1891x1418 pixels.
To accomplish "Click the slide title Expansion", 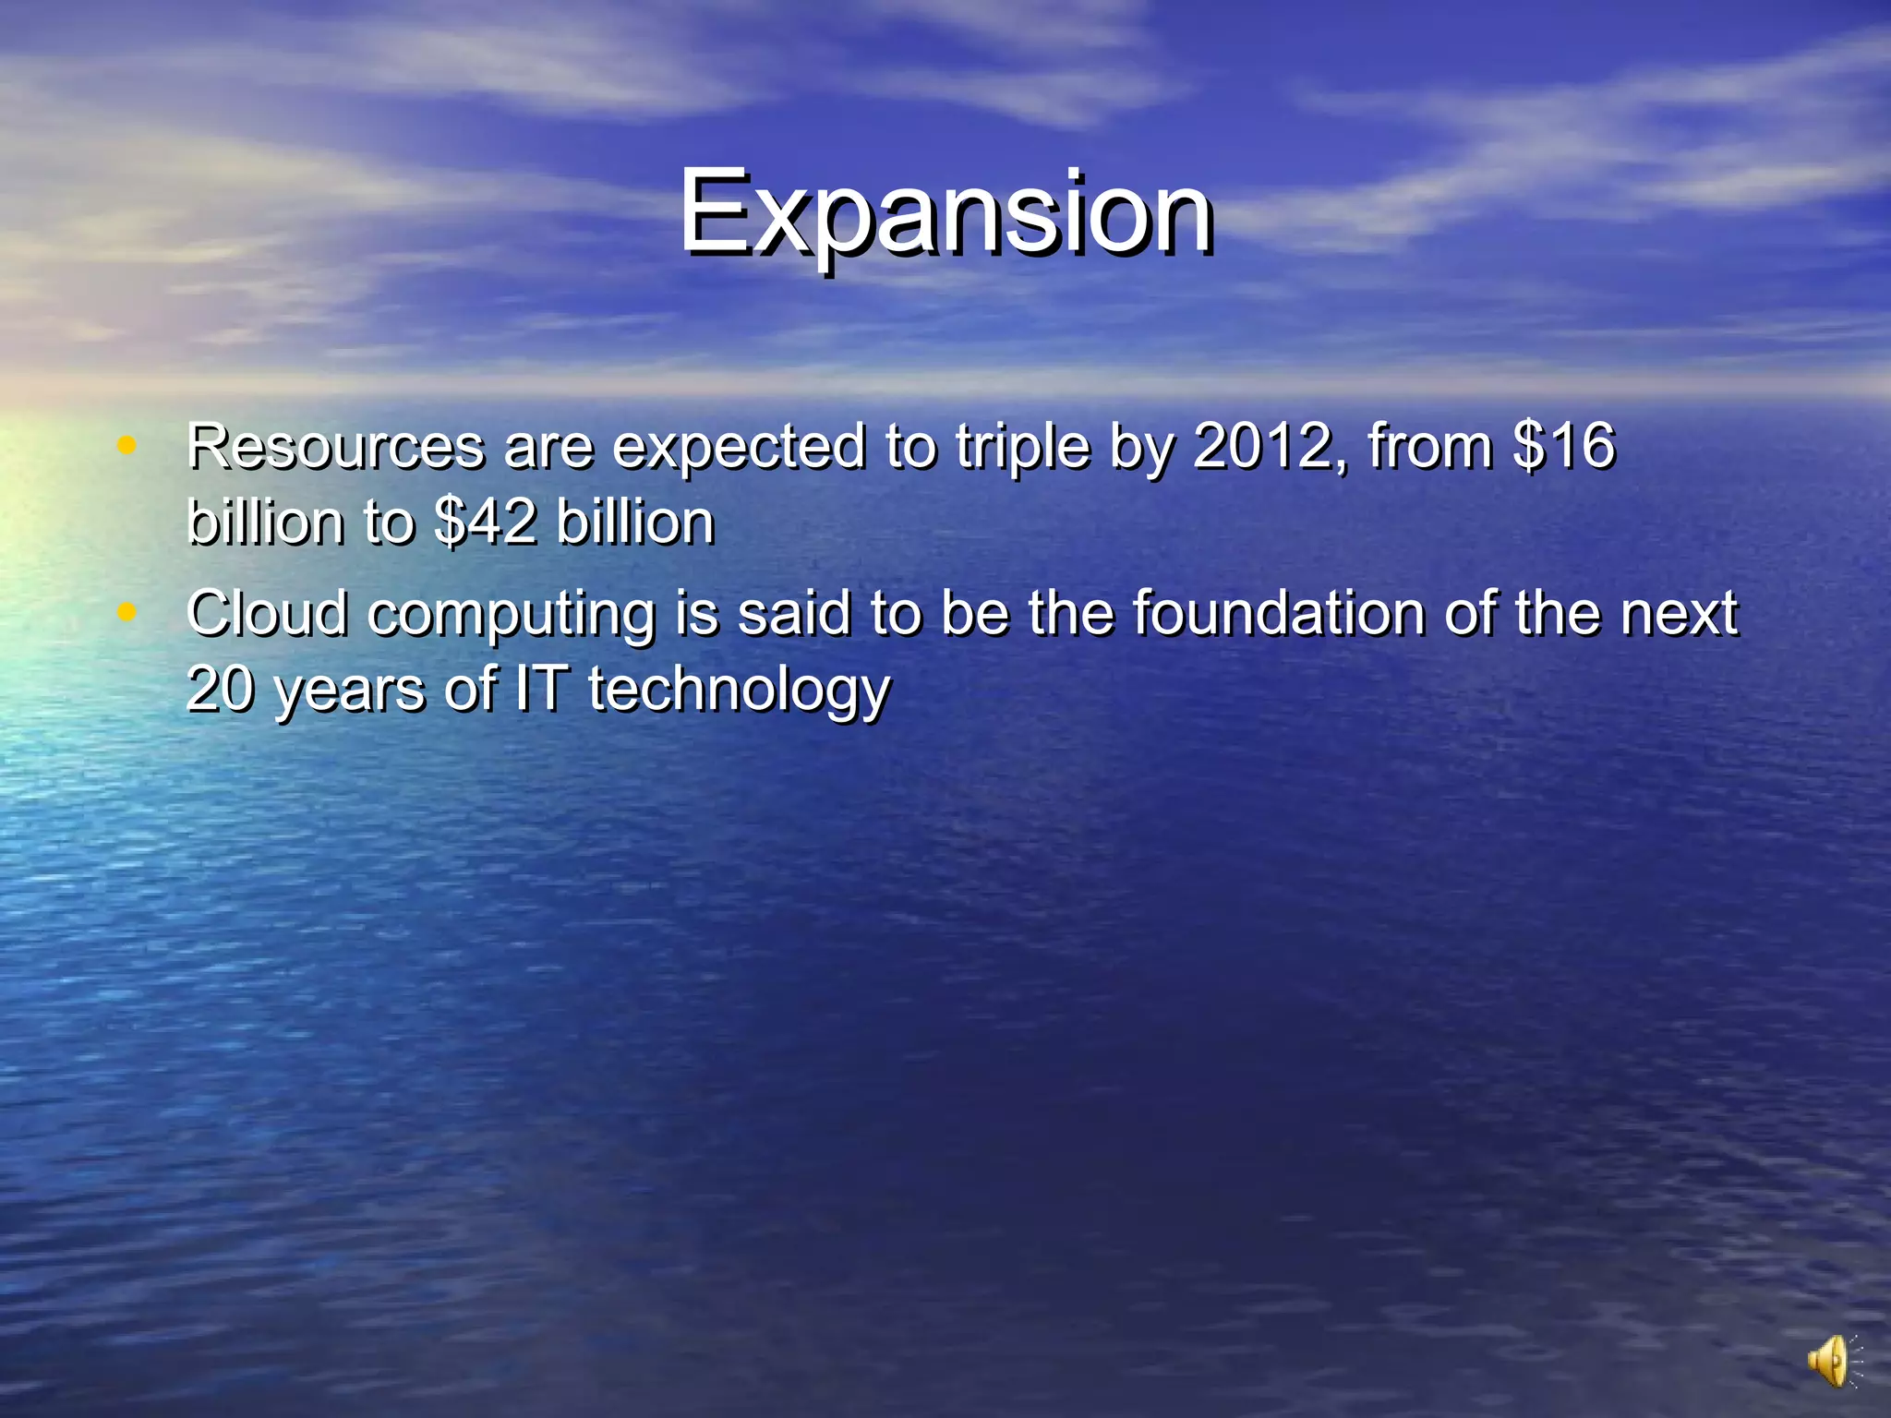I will pyautogui.click(x=945, y=214).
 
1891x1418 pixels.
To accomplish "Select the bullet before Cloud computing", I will pyautogui.click(x=126, y=611).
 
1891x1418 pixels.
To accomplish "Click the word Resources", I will pyautogui.click(x=334, y=447).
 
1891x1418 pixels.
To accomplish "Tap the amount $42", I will pyautogui.click(x=485, y=523).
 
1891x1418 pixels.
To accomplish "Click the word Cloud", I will pyautogui.click(x=267, y=613).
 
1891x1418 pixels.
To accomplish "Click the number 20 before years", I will pyautogui.click(x=220, y=689).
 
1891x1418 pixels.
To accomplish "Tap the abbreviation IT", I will pyautogui.click(x=540, y=689).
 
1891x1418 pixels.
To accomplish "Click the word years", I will pyautogui.click(x=350, y=691).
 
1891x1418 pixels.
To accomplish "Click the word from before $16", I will pyautogui.click(x=1430, y=447).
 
